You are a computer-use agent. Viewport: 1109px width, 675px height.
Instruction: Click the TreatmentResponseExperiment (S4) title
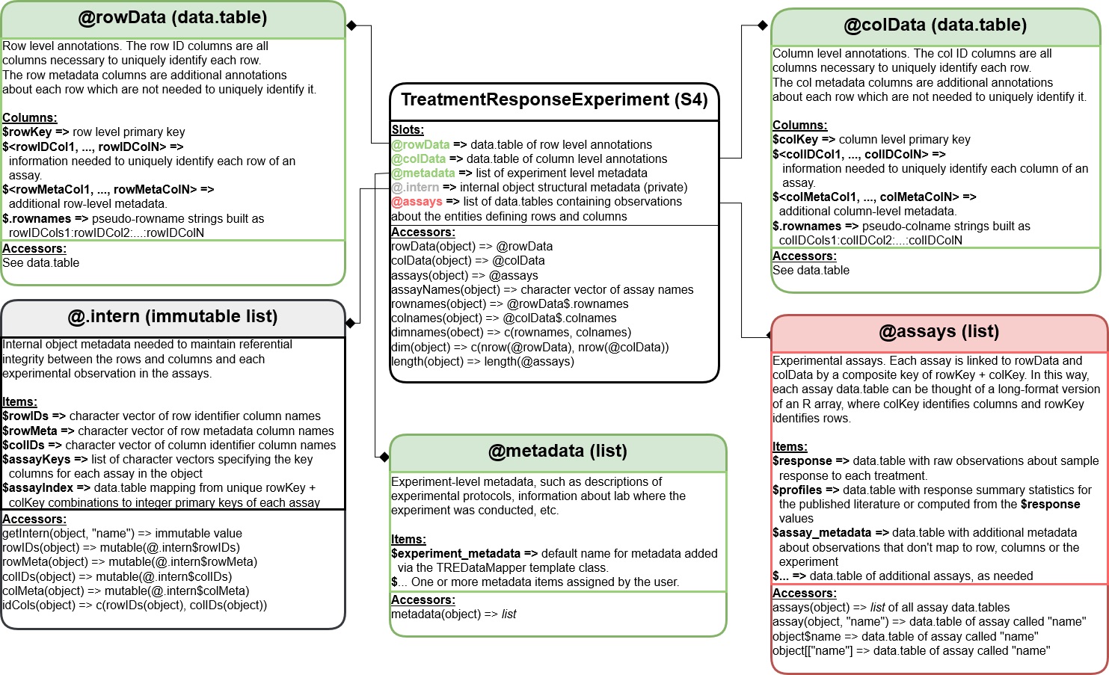click(x=554, y=100)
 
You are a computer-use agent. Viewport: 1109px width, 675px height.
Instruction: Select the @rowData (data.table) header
click(x=173, y=18)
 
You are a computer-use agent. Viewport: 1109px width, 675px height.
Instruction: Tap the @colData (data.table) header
click(x=935, y=25)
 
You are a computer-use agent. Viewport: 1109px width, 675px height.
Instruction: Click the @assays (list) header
click(x=938, y=332)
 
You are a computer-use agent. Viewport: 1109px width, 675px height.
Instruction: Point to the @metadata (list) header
click(x=557, y=451)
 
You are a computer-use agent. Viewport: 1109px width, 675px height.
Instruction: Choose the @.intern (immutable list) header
click(x=173, y=317)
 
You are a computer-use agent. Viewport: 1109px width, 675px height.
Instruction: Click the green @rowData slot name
click(x=420, y=145)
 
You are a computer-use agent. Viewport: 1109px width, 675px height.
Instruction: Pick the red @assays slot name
click(x=417, y=202)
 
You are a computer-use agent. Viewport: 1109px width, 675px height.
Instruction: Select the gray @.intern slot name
click(x=415, y=188)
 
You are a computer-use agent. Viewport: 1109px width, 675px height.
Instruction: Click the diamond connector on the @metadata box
click(x=384, y=457)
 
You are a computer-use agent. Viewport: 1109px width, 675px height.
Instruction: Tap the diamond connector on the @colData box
click(x=763, y=25)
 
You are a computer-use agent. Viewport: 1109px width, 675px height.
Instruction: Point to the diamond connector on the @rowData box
click(x=351, y=25)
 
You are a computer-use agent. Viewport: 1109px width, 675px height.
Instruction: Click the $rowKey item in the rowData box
click(x=27, y=132)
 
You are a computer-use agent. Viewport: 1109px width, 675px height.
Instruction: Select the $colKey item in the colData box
click(x=796, y=140)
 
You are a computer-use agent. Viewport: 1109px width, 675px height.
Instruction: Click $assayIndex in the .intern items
click(x=37, y=488)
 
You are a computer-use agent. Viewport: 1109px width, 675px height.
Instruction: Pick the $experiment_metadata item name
click(x=455, y=554)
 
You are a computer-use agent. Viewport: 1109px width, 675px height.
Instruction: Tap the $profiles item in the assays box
click(x=797, y=490)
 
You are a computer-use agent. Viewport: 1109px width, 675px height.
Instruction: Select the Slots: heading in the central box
click(x=408, y=130)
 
